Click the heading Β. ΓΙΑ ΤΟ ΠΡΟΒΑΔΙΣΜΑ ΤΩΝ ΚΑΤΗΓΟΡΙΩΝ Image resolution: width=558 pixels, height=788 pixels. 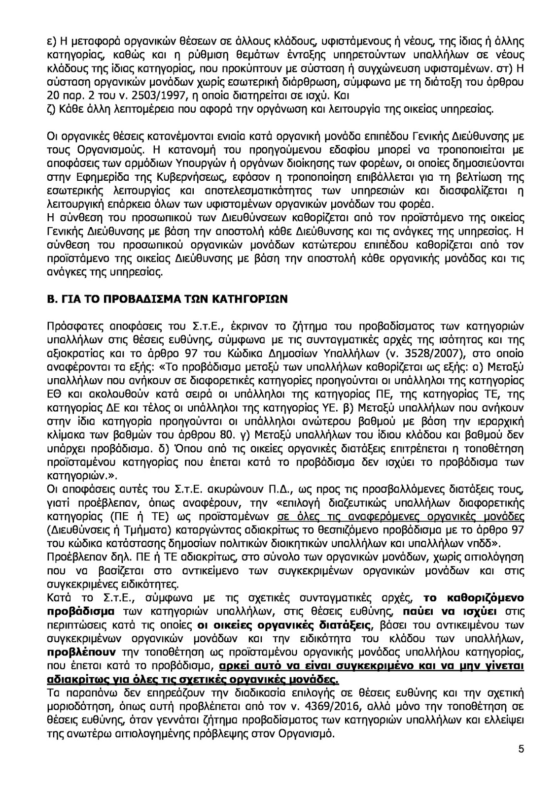click(167, 300)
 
